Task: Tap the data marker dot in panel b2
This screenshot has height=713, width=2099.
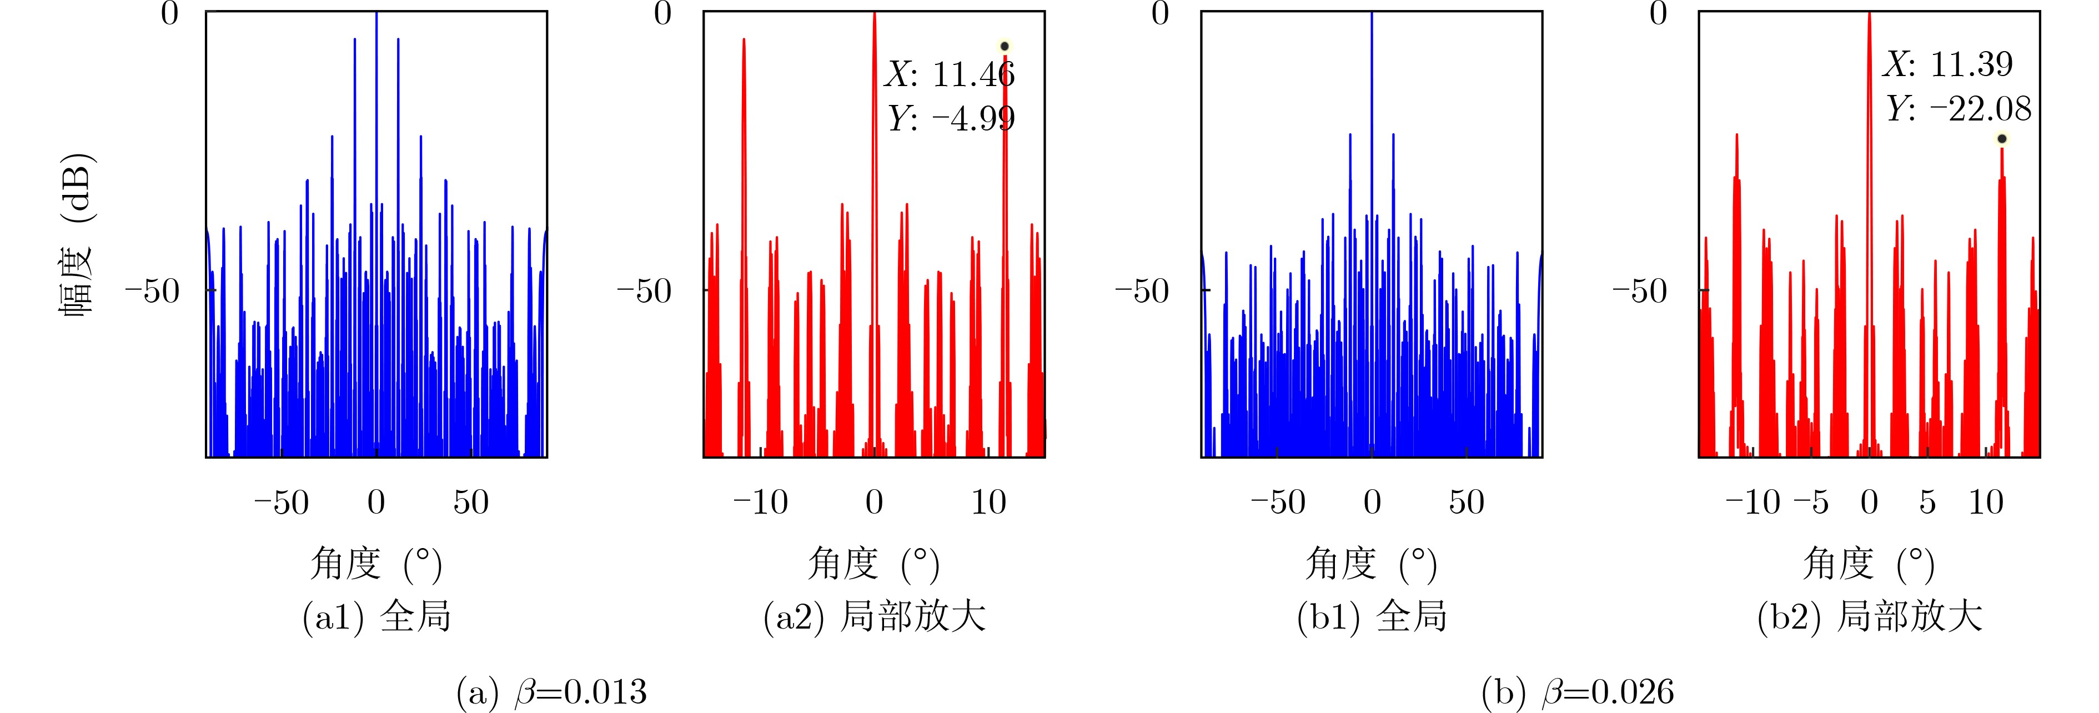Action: coord(2002,138)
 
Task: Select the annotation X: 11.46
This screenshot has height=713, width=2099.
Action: coord(950,74)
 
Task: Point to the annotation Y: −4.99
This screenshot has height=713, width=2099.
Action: coord(951,119)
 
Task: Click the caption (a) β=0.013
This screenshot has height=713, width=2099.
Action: coord(551,692)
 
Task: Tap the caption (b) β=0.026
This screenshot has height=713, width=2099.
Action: coord(1578,692)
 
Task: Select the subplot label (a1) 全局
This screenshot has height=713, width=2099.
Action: coord(376,617)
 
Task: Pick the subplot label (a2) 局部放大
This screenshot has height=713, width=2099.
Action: coord(875,617)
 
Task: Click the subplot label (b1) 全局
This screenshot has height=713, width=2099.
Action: coord(1372,617)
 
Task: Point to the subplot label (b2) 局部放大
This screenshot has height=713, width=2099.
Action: coord(1870,617)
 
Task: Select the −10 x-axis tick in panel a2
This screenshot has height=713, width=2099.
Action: coord(760,502)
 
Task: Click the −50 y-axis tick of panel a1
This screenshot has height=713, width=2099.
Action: coord(152,290)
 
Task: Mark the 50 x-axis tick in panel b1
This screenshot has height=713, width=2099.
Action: coord(1467,502)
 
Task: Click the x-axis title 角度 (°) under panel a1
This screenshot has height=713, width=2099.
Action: coord(376,564)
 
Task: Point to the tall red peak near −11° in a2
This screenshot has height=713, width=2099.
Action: coord(743,244)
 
